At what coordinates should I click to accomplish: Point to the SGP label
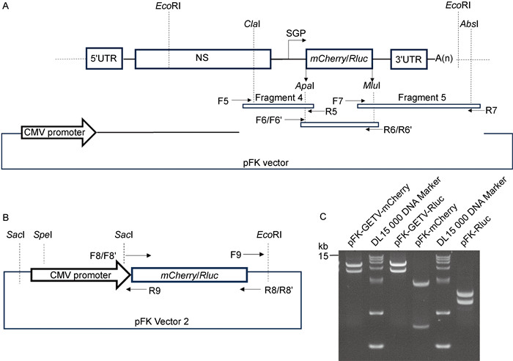[x=297, y=34]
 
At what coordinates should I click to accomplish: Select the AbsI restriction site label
[x=469, y=23]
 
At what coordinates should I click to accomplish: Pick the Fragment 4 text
[x=278, y=97]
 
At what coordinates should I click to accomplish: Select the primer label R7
[x=492, y=112]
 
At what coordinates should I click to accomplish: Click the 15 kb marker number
[x=326, y=255]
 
